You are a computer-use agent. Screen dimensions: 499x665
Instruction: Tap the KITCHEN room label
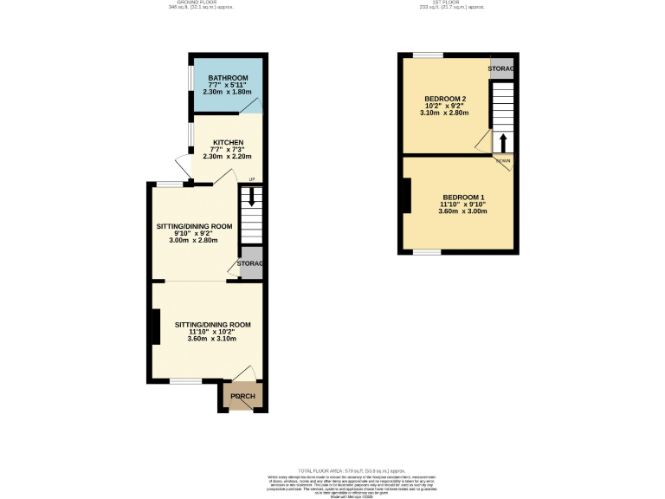point(228,142)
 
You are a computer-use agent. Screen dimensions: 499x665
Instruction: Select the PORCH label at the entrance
point(242,397)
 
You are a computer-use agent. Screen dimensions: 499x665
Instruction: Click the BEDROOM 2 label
point(445,98)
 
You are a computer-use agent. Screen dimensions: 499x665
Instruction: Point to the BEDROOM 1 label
point(463,197)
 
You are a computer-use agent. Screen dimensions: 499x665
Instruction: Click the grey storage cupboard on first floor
point(501,69)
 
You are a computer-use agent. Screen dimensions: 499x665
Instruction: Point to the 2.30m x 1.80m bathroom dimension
point(227,92)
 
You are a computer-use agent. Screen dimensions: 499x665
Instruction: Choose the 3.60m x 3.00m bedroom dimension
point(463,211)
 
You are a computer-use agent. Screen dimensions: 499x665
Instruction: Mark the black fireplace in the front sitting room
point(155,326)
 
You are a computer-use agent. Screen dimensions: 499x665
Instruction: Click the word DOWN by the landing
point(503,161)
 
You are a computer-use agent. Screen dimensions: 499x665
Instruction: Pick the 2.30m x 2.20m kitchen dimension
point(228,157)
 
